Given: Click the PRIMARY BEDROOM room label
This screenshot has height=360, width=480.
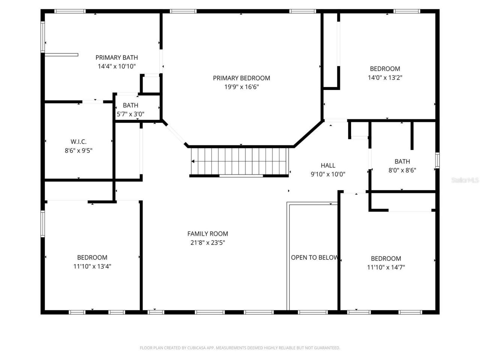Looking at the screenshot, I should [241, 78].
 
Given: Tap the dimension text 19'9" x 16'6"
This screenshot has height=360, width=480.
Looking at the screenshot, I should [241, 87].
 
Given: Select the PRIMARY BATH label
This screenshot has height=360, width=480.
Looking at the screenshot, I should [117, 57].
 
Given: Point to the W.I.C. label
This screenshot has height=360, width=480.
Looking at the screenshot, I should [78, 142].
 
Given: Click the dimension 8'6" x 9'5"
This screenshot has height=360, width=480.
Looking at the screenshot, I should [78, 151].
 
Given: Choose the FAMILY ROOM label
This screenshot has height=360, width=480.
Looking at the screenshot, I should [208, 234].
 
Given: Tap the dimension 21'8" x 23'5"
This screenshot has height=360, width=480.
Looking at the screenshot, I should [208, 243].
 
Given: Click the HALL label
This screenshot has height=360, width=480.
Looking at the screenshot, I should [328, 165].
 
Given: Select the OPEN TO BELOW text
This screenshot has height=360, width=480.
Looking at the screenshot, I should [314, 258].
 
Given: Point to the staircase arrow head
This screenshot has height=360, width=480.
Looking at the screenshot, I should [193, 162].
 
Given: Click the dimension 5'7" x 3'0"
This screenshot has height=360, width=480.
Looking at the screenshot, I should [130, 114].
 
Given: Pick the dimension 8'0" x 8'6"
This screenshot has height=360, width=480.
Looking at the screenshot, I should [402, 170].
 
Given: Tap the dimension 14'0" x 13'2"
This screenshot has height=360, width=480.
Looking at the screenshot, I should [385, 78].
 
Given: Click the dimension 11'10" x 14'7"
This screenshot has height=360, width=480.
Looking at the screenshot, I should [386, 267].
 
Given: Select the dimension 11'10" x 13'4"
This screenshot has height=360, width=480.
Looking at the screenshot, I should [92, 267].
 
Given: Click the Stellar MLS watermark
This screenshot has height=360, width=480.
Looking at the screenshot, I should [465, 180].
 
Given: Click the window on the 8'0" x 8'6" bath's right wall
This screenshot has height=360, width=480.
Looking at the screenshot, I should [437, 160].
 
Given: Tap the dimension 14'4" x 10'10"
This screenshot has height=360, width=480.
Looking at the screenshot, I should [117, 66].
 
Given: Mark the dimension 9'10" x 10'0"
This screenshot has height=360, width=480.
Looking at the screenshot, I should [328, 174].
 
